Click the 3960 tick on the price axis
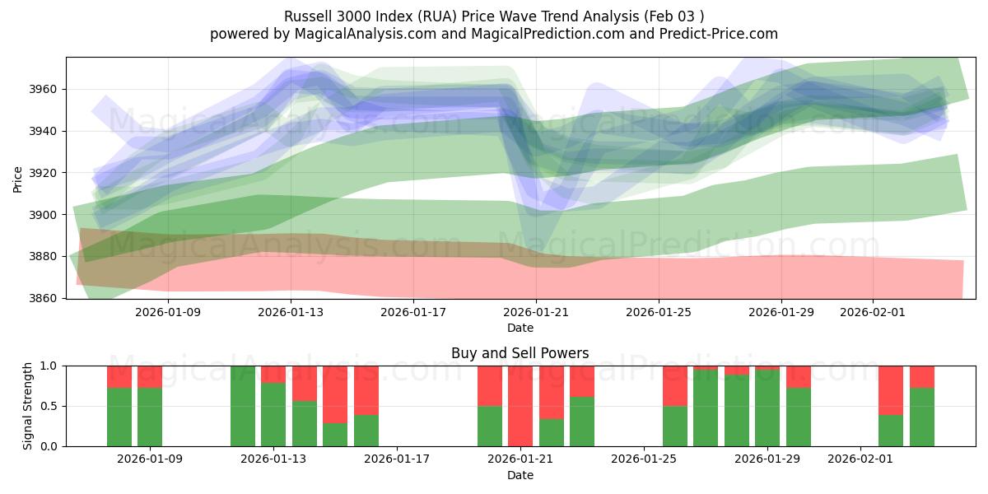click(46, 89)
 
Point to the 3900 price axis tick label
click(46, 215)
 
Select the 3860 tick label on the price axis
click(46, 298)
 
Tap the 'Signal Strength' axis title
click(28, 406)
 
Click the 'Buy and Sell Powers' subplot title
click(520, 353)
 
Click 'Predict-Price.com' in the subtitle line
click(725, 34)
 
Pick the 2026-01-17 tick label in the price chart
click(413, 313)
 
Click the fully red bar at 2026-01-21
click(520, 406)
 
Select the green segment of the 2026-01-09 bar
click(150, 417)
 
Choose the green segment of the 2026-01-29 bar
click(767, 408)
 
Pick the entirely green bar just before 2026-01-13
click(243, 406)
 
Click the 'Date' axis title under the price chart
click(520, 328)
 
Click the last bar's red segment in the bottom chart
click(922, 376)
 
